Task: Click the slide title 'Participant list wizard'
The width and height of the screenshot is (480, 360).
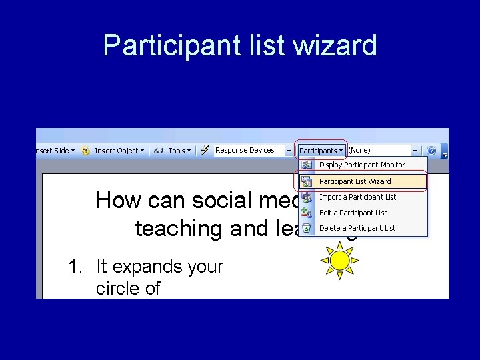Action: tap(240, 45)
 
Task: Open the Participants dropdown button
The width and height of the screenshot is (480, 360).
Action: tap(321, 151)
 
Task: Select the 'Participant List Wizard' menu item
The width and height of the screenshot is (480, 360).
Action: tap(355, 181)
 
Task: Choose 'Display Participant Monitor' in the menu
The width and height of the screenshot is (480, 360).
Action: tap(361, 165)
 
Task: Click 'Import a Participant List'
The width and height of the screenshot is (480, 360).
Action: tap(357, 197)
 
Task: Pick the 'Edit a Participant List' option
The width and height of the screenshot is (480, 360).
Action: tap(353, 213)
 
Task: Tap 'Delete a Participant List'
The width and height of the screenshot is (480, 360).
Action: tap(357, 228)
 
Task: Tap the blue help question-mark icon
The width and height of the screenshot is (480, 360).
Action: tap(431, 151)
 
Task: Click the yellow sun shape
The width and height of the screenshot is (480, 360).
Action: tap(340, 259)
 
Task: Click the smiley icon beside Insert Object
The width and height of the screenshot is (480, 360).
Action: tap(85, 151)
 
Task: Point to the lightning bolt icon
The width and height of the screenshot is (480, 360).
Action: tap(205, 151)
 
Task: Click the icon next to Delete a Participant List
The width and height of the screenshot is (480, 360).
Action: tap(307, 228)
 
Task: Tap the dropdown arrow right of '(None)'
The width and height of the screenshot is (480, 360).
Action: tap(415, 151)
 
